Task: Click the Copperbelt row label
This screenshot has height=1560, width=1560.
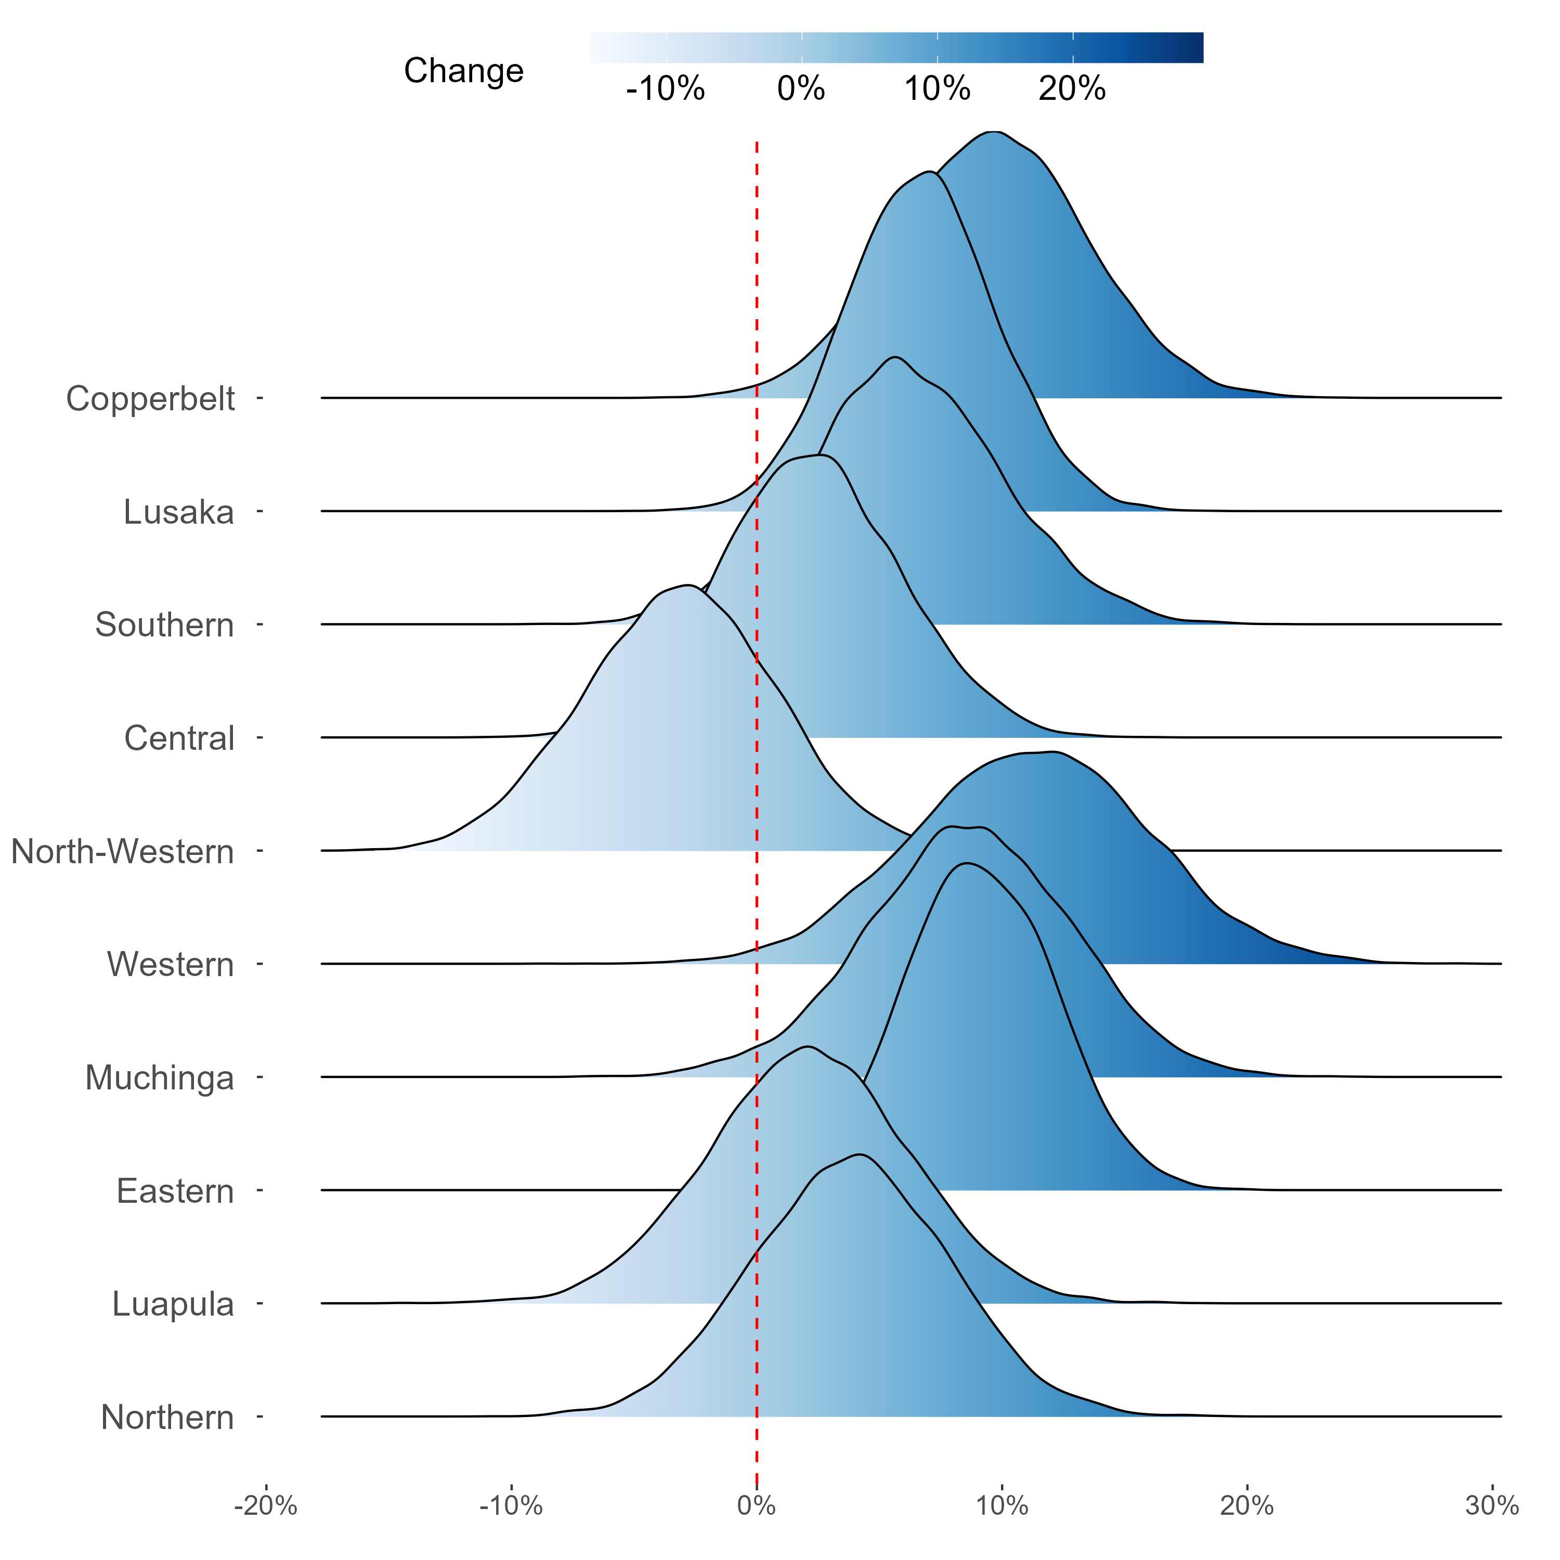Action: tap(150, 398)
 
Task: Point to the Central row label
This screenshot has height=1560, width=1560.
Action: tap(179, 738)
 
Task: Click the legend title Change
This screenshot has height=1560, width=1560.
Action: tap(463, 71)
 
